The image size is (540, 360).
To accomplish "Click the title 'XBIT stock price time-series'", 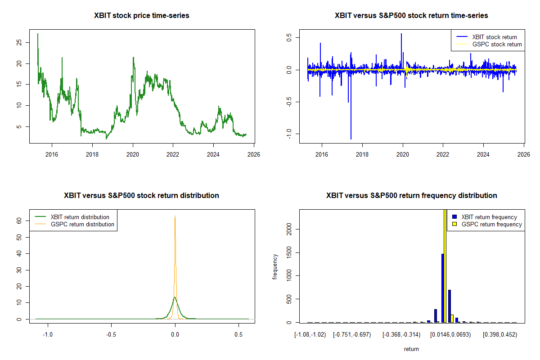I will [x=142, y=16].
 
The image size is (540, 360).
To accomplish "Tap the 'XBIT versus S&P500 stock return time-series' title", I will [x=411, y=16].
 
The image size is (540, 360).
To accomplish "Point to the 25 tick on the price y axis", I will [x=18, y=43].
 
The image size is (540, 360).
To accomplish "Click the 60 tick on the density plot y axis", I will [x=18, y=220].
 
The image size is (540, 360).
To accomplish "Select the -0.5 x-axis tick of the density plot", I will [x=112, y=335].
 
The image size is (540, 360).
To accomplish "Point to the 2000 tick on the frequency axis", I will [x=288, y=229].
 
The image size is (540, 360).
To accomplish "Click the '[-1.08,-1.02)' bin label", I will [x=310, y=335].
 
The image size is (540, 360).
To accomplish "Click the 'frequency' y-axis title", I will [x=275, y=266].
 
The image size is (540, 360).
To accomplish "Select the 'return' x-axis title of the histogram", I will [x=411, y=349].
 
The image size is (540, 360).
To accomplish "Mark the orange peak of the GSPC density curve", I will [x=175, y=216].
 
